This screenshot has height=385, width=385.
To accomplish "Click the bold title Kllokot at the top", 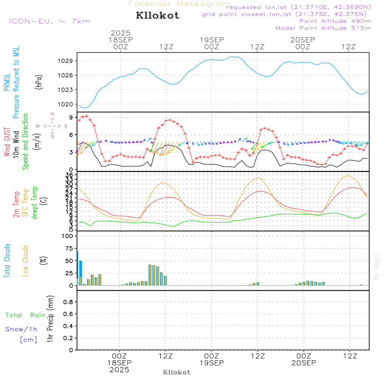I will pyautogui.click(x=157, y=16).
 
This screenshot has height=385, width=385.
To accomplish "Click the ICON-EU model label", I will pyautogui.click(x=49, y=21).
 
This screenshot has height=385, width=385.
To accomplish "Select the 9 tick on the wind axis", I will pyautogui.click(x=72, y=117).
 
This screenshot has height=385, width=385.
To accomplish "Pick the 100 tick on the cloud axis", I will pyautogui.click(x=68, y=236).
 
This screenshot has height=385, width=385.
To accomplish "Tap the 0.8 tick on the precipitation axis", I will pyautogui.click(x=68, y=302).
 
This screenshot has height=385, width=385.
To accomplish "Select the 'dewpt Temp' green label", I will pyautogui.click(x=35, y=203).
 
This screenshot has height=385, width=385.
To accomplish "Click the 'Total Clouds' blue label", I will pyautogui.click(x=7, y=261).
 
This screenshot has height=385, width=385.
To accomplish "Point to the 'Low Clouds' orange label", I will pyautogui.click(x=25, y=261).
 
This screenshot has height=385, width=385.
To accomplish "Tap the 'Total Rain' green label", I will pyautogui.click(x=25, y=315).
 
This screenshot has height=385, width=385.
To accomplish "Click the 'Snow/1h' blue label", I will pyautogui.click(x=22, y=329).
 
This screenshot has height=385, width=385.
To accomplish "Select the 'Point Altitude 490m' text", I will pyautogui.click(x=335, y=21).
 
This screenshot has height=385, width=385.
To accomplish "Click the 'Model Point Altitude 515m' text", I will pyautogui.click(x=323, y=28).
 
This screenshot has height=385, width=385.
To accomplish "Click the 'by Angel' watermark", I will pyautogui.click(x=377, y=267).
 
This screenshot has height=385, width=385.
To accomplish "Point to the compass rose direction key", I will pyautogui.click(x=52, y=126).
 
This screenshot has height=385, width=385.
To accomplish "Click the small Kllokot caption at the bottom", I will pyautogui.click(x=177, y=372).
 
